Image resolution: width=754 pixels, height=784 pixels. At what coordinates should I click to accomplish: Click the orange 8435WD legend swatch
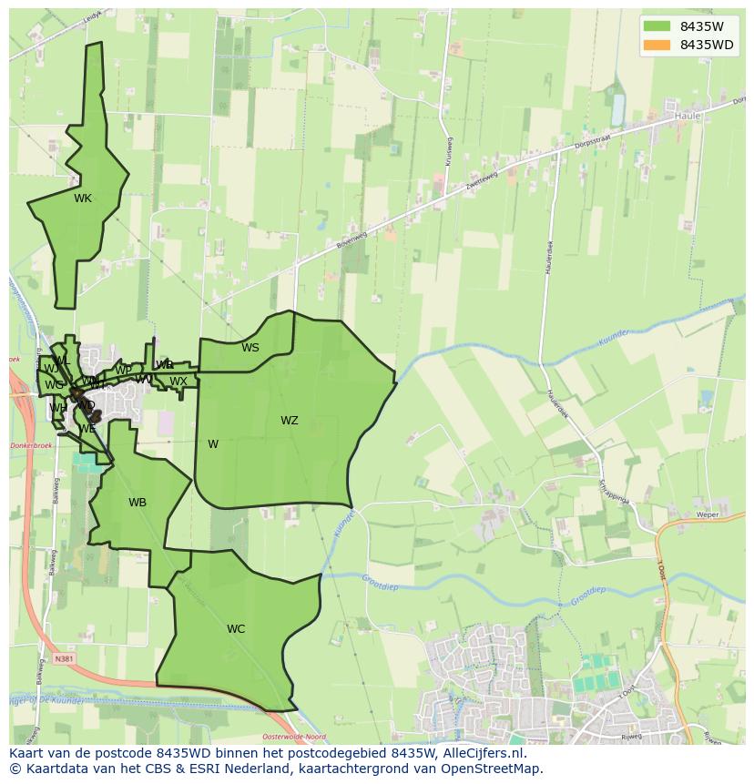655,46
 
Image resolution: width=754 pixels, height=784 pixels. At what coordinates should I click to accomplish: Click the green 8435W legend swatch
655,25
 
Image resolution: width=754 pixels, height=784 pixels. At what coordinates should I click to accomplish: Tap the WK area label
83,199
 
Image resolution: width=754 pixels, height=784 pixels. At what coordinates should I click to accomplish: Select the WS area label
250,348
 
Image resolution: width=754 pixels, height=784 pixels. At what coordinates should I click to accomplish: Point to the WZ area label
290,421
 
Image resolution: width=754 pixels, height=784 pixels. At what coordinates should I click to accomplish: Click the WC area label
236,629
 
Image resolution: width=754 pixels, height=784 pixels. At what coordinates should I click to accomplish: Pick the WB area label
138,503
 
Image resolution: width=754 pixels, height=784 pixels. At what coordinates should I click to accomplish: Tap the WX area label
178,382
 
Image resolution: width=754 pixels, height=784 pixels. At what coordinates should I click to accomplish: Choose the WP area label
124,371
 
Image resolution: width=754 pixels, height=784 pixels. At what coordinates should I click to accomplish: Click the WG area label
54,385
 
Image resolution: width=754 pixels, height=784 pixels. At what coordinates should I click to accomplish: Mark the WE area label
87,429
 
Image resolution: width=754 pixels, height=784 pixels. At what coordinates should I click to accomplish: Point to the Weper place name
708,514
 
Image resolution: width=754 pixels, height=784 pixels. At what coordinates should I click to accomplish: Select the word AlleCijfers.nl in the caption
478,753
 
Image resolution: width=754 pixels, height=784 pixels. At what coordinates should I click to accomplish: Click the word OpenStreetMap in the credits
493,769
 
